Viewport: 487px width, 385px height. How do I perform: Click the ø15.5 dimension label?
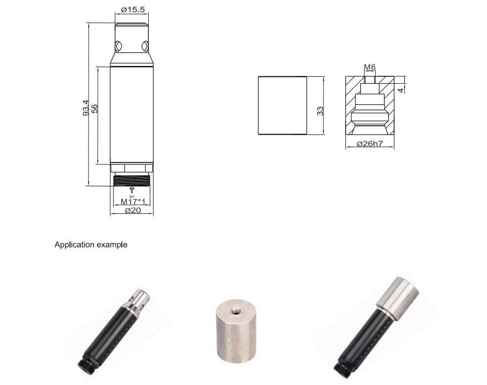133,10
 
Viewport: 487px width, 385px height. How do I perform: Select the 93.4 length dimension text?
86,108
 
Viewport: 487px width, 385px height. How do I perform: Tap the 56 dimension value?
95,109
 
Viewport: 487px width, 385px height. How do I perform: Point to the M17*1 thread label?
133,202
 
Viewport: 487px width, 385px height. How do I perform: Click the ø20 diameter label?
133,210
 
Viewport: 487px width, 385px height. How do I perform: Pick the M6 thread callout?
370,67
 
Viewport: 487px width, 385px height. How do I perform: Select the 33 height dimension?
320,111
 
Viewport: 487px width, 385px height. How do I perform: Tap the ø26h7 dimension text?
370,144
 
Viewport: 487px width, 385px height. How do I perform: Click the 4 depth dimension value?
401,90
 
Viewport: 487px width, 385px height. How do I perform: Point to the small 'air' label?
132,196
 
